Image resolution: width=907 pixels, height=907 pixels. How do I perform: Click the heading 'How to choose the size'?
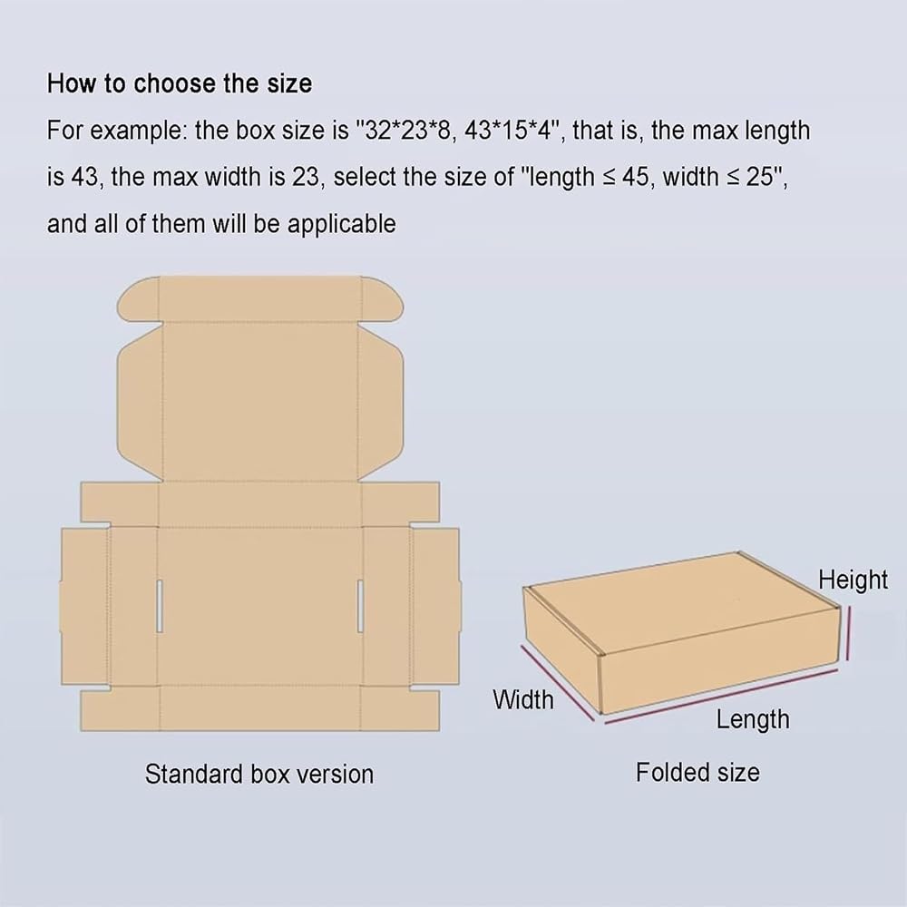click(180, 83)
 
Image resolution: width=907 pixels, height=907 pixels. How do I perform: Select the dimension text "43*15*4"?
click(505, 130)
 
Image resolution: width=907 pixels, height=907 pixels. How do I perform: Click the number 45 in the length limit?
click(636, 177)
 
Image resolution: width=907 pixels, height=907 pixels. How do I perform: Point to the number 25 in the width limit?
click(759, 177)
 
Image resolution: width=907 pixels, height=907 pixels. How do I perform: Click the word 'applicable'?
click(341, 224)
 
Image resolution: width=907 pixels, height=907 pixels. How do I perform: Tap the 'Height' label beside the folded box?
click(853, 580)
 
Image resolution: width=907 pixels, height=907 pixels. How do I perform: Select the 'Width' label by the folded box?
click(523, 700)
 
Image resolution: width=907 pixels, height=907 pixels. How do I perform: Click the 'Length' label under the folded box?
click(753, 720)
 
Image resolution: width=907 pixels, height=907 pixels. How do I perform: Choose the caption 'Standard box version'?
click(259, 774)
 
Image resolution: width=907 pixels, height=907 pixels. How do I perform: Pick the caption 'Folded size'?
click(697, 772)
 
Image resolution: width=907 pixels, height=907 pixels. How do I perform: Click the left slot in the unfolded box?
click(160, 606)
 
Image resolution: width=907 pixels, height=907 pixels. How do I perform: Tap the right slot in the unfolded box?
click(360, 606)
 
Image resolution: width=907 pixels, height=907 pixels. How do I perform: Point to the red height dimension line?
click(849, 633)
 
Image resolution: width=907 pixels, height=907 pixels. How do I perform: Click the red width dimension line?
click(557, 683)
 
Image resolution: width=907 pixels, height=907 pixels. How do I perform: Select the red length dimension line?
click(721, 697)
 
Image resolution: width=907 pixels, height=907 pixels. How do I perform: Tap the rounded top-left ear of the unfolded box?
click(138, 299)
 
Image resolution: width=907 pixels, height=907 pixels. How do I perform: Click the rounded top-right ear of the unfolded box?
click(383, 299)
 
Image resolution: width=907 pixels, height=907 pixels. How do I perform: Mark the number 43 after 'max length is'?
click(84, 177)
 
